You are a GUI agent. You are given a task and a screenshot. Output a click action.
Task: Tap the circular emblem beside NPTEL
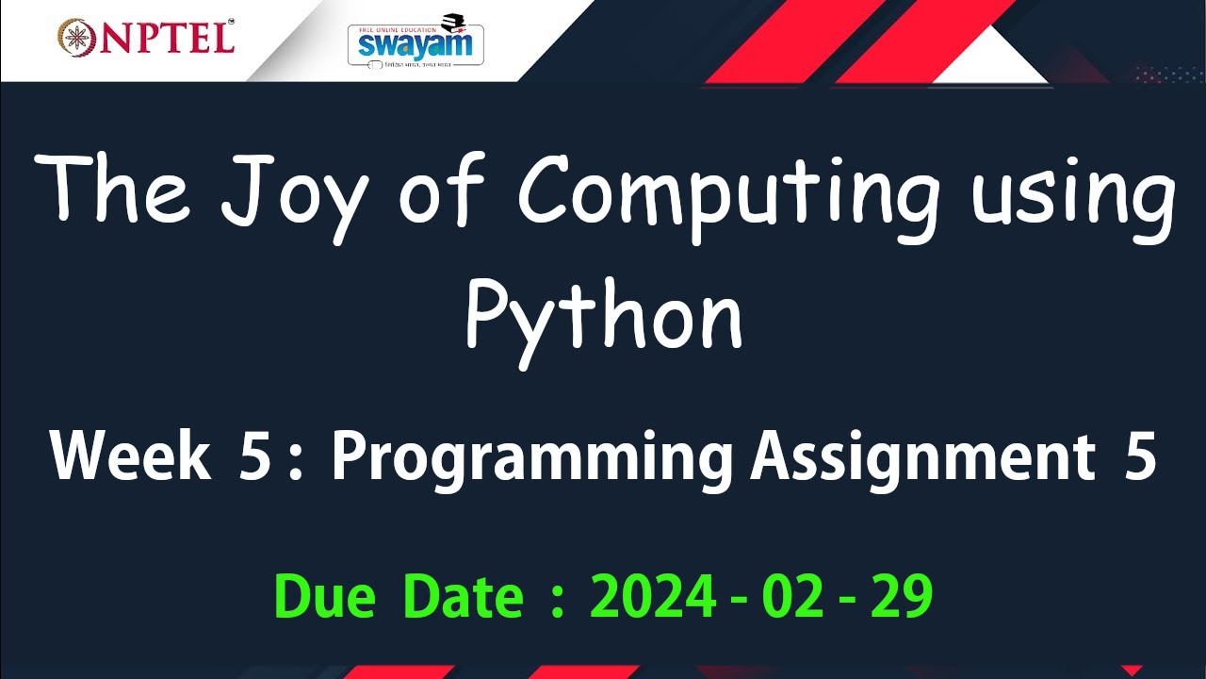click(x=77, y=36)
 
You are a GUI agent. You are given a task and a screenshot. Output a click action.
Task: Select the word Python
click(x=604, y=316)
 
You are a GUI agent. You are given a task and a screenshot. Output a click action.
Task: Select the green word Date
click(x=463, y=596)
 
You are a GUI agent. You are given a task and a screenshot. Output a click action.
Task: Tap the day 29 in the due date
click(x=902, y=596)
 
